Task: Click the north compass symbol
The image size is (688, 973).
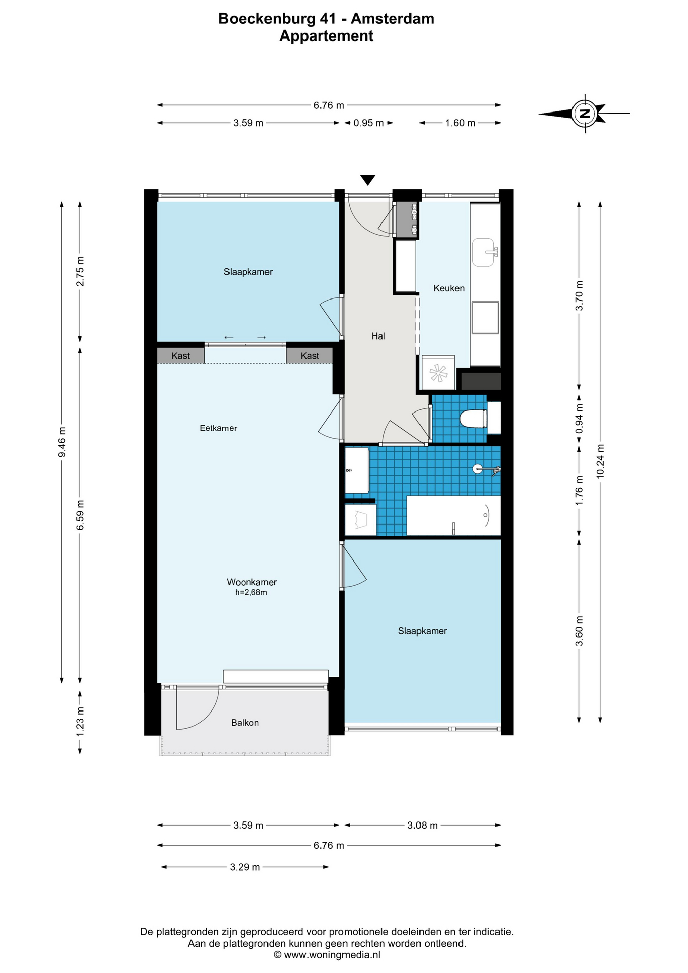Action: (585, 114)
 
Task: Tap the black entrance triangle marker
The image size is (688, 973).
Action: (367, 180)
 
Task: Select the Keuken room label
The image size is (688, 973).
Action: (449, 288)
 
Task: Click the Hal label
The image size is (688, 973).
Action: (378, 336)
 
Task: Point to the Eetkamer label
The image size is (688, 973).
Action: (218, 428)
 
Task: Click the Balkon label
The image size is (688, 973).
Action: (245, 723)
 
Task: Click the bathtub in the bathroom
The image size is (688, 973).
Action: (453, 515)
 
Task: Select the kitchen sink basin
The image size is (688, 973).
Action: (484, 252)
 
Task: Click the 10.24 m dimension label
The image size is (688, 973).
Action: (600, 461)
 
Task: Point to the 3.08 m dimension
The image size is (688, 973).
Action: (423, 825)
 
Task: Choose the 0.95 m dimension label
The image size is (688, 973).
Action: (368, 123)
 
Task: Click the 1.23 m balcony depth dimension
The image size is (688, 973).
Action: (80, 722)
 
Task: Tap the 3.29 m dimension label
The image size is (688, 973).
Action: (245, 867)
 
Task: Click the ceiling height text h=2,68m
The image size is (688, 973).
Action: (251, 592)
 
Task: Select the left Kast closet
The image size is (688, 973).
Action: (180, 356)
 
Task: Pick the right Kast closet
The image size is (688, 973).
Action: (310, 356)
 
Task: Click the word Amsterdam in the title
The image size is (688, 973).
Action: (392, 19)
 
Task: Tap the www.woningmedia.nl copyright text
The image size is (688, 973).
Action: (327, 955)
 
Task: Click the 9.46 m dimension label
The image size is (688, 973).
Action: (62, 442)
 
